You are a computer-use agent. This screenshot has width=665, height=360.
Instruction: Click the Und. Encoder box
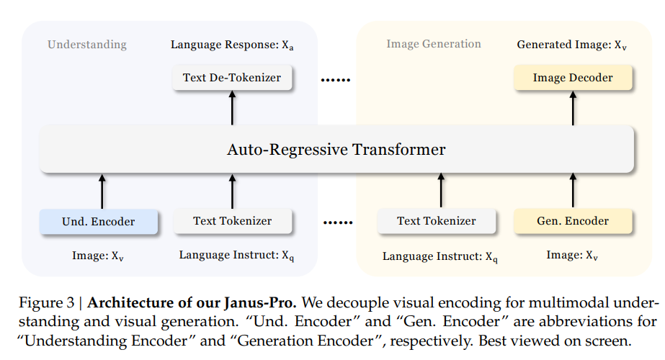pyautogui.click(x=99, y=221)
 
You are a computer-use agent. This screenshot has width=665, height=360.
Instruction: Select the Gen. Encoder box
pyautogui.click(x=573, y=221)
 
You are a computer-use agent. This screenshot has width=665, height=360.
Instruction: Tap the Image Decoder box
pyautogui.click(x=573, y=78)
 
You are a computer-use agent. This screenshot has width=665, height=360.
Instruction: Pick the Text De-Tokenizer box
pyautogui.click(x=232, y=78)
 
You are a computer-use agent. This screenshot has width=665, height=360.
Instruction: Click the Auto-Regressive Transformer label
pyautogui.click(x=336, y=149)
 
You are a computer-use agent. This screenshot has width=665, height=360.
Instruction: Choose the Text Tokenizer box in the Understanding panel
pyautogui.click(x=233, y=221)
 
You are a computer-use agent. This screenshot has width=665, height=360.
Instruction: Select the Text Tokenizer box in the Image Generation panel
pyautogui.click(x=437, y=221)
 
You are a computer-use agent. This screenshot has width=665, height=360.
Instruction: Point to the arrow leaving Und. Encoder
pyautogui.click(x=102, y=192)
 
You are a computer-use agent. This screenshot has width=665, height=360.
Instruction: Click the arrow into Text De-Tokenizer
pyautogui.click(x=232, y=108)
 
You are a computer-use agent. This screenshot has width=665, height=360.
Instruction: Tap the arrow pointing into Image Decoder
pyautogui.click(x=573, y=108)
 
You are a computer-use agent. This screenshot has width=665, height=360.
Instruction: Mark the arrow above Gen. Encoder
pyautogui.click(x=573, y=190)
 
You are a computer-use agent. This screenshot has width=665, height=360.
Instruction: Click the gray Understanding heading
pyautogui.click(x=87, y=45)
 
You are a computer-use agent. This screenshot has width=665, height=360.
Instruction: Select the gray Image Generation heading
pyautogui.click(x=434, y=44)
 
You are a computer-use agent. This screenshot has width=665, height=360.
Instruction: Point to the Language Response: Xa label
pyautogui.click(x=232, y=45)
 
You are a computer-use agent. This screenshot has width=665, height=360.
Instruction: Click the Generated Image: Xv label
pyautogui.click(x=571, y=45)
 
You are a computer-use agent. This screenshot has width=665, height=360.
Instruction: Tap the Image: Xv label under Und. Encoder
pyautogui.click(x=97, y=256)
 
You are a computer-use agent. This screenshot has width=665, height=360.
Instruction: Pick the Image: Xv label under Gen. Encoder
pyautogui.click(x=571, y=256)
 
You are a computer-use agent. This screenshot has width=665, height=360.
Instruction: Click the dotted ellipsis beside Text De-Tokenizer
pyautogui.click(x=336, y=80)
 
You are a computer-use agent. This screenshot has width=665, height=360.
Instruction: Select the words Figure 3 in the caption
pyautogui.click(x=47, y=302)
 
